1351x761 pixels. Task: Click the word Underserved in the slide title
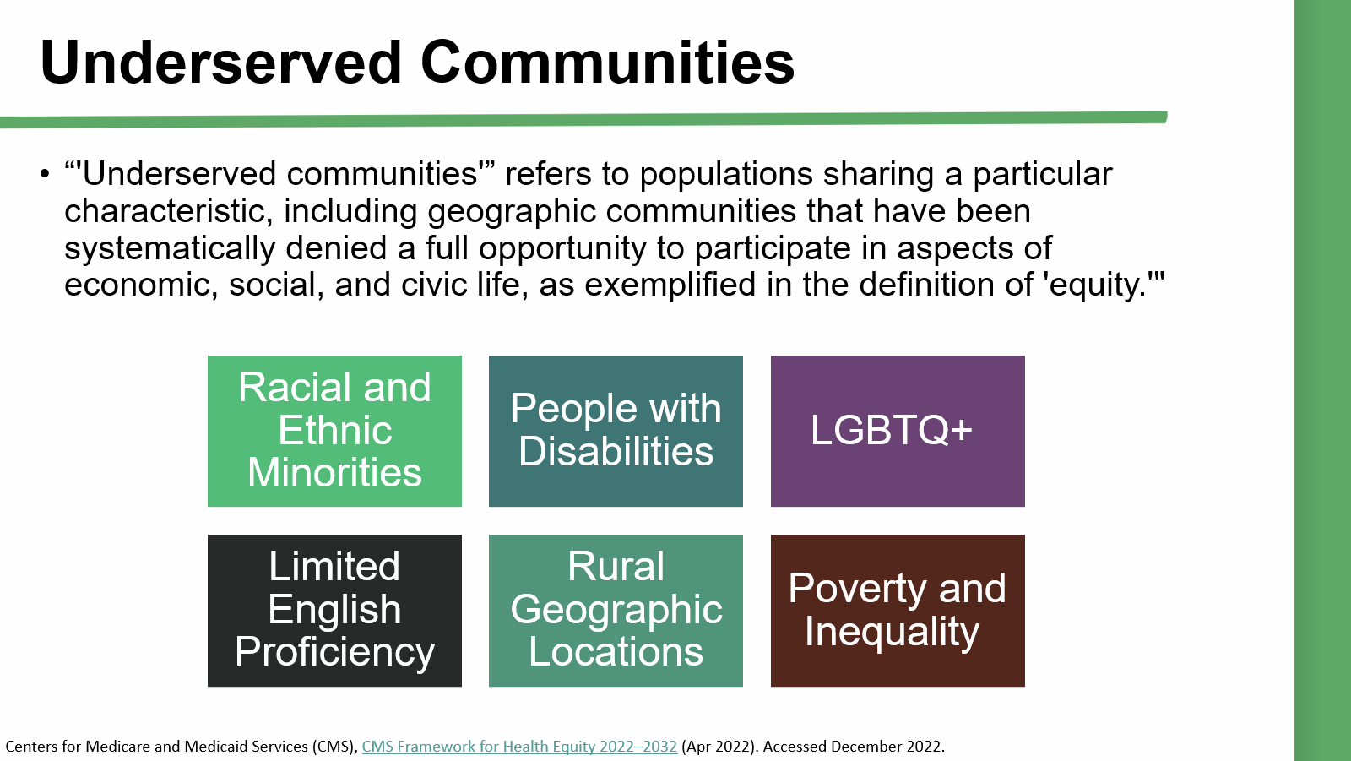[220, 63]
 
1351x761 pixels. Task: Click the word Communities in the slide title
[607, 63]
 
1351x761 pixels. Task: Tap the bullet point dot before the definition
[45, 174]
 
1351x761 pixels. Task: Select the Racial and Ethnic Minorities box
[334, 431]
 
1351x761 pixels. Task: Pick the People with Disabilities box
[616, 431]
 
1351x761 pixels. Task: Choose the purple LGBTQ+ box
[898, 431]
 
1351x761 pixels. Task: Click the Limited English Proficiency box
[334, 611]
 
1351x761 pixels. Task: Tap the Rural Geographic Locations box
[616, 611]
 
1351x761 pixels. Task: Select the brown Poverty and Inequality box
[898, 611]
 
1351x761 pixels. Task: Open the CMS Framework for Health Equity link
[519, 747]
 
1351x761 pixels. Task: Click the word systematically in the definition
[170, 248]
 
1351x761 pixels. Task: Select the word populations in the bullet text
[725, 175]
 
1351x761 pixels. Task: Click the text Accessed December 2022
[854, 747]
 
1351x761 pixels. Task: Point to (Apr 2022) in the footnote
[719, 747]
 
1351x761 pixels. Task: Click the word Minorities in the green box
[334, 472]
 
